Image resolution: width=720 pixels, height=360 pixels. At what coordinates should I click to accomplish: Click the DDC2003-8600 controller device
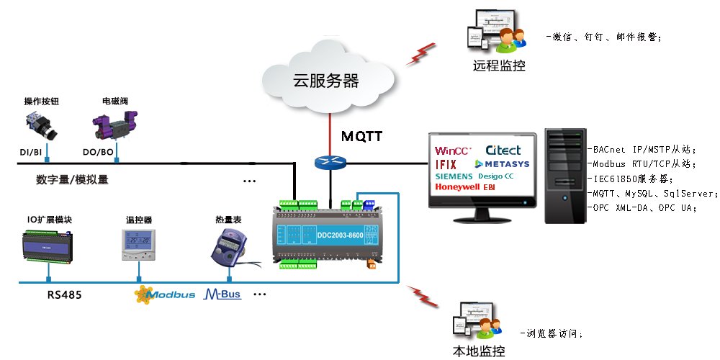(x=328, y=233)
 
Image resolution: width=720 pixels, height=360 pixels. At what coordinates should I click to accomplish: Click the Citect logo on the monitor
(x=503, y=150)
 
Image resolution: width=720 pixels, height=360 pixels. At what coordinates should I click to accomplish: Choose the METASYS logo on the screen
(x=502, y=164)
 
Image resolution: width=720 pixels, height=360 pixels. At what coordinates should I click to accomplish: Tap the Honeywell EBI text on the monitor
(x=464, y=187)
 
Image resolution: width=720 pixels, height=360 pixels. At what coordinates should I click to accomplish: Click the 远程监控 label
(x=499, y=66)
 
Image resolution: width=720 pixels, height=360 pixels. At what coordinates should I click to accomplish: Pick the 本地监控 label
(x=478, y=351)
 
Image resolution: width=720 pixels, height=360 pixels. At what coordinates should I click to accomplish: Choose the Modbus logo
(x=165, y=294)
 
